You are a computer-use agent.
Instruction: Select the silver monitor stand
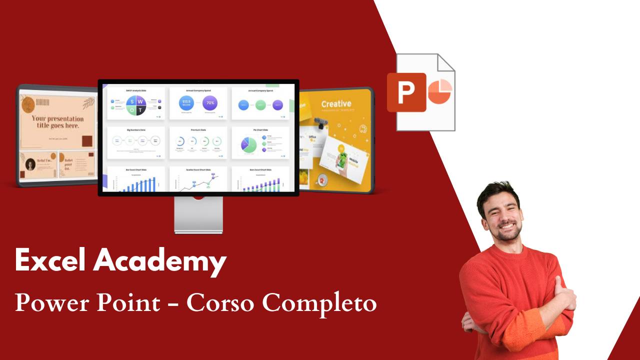pos(198,215)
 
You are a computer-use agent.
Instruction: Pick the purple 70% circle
pos(210,103)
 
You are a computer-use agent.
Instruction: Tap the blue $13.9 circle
pos(186,103)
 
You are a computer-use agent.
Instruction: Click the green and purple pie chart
pos(248,144)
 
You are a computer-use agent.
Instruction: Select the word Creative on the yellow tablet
pos(336,104)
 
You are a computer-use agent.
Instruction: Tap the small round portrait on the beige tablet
pos(30,163)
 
